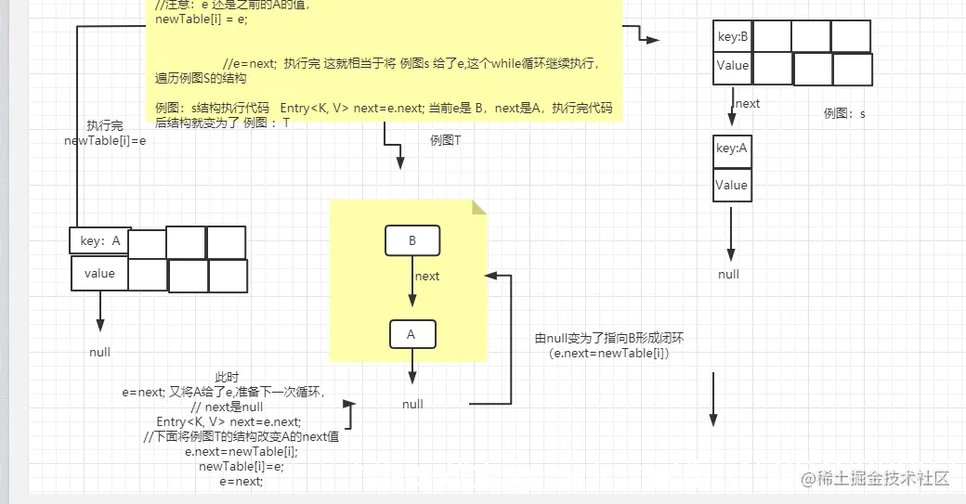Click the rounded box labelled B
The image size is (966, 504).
point(412,241)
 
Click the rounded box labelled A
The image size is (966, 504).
point(411,334)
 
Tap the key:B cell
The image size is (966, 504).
point(732,37)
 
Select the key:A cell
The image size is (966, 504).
point(732,149)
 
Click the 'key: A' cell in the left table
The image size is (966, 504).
point(99,240)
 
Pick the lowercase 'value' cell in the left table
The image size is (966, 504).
point(99,274)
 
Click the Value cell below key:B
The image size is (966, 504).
point(732,66)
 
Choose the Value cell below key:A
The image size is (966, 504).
point(732,185)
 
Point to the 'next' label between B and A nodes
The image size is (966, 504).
point(427,276)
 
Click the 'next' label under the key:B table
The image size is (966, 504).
point(748,103)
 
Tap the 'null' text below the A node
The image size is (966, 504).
point(412,404)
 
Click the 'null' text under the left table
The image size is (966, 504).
point(99,352)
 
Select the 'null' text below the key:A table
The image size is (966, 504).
point(729,274)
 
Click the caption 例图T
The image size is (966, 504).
point(446,139)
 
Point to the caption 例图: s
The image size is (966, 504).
point(844,113)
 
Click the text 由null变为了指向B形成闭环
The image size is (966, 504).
point(609,339)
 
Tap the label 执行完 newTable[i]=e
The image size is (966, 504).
point(105,134)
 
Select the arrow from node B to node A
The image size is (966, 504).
point(411,288)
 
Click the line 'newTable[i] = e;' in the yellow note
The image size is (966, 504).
point(202,19)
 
